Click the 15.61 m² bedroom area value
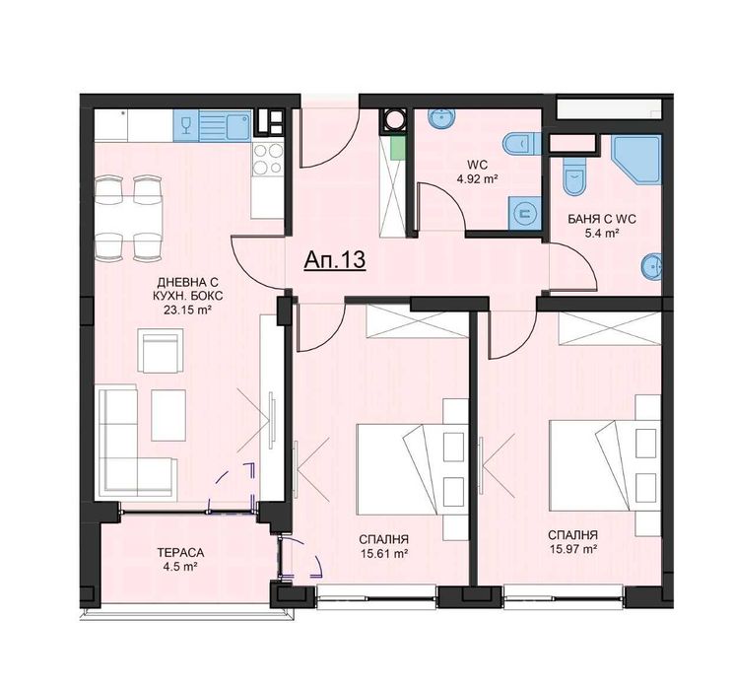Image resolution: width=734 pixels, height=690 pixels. point(385,554)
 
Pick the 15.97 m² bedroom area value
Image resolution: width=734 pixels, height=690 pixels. point(573,549)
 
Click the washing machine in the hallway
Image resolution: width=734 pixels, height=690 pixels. point(395,122)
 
